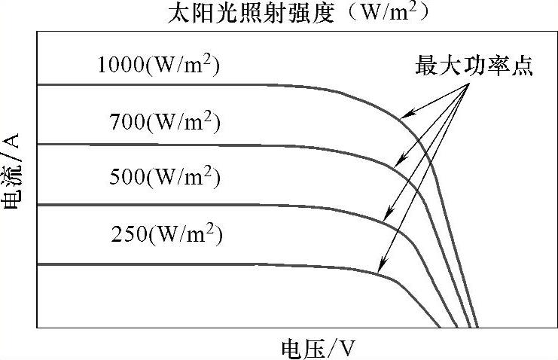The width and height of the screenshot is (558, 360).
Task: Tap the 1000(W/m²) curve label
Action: (160, 66)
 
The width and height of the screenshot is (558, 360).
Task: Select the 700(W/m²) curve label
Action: (165, 121)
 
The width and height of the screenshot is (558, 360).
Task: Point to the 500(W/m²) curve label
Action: (165, 178)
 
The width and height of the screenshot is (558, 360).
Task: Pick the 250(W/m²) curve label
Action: (167, 235)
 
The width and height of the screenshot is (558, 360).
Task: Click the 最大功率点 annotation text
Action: (474, 66)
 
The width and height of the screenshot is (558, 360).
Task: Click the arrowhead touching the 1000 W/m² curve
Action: (401, 117)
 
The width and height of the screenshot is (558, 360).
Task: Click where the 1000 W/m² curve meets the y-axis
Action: (38, 84)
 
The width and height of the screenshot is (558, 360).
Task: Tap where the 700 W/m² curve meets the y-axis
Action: (38, 144)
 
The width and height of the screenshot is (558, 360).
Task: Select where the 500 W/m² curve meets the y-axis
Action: (38, 205)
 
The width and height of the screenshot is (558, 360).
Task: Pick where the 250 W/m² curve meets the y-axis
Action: (38, 264)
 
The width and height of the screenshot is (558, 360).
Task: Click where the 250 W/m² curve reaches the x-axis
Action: (441, 327)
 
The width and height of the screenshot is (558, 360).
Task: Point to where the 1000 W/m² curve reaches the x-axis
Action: (477, 327)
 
